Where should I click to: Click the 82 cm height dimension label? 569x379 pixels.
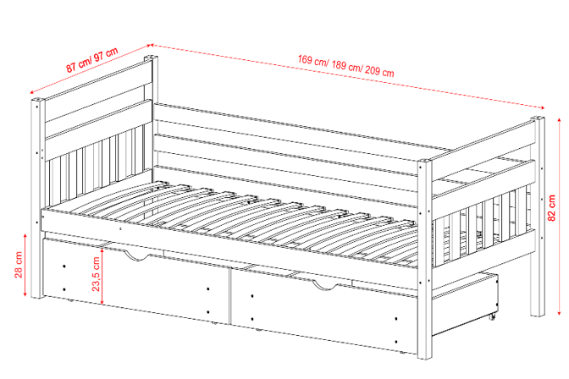(x=551, y=208)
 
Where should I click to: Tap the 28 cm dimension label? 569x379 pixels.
(x=19, y=265)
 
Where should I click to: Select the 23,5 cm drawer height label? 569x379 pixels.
(x=96, y=274)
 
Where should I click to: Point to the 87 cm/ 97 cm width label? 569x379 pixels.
(x=92, y=59)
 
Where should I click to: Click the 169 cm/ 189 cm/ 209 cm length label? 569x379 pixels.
(x=345, y=65)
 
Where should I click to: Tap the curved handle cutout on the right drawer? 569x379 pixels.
(x=325, y=285)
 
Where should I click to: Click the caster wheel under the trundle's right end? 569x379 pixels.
(x=492, y=317)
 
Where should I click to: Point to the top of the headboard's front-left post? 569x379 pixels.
(x=38, y=100)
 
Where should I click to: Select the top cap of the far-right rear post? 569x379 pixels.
(x=539, y=118)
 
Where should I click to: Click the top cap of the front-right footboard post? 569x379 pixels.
(x=424, y=161)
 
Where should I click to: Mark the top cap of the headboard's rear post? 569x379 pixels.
(x=151, y=58)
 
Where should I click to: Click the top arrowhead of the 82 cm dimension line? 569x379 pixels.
(x=559, y=120)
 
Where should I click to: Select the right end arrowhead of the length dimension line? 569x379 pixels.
(x=542, y=107)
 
